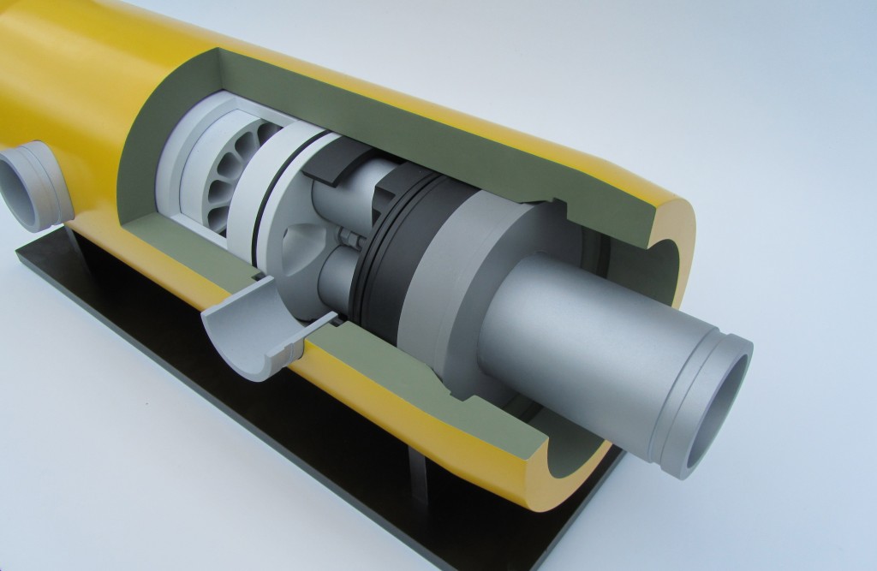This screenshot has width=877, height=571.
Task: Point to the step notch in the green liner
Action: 562,205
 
